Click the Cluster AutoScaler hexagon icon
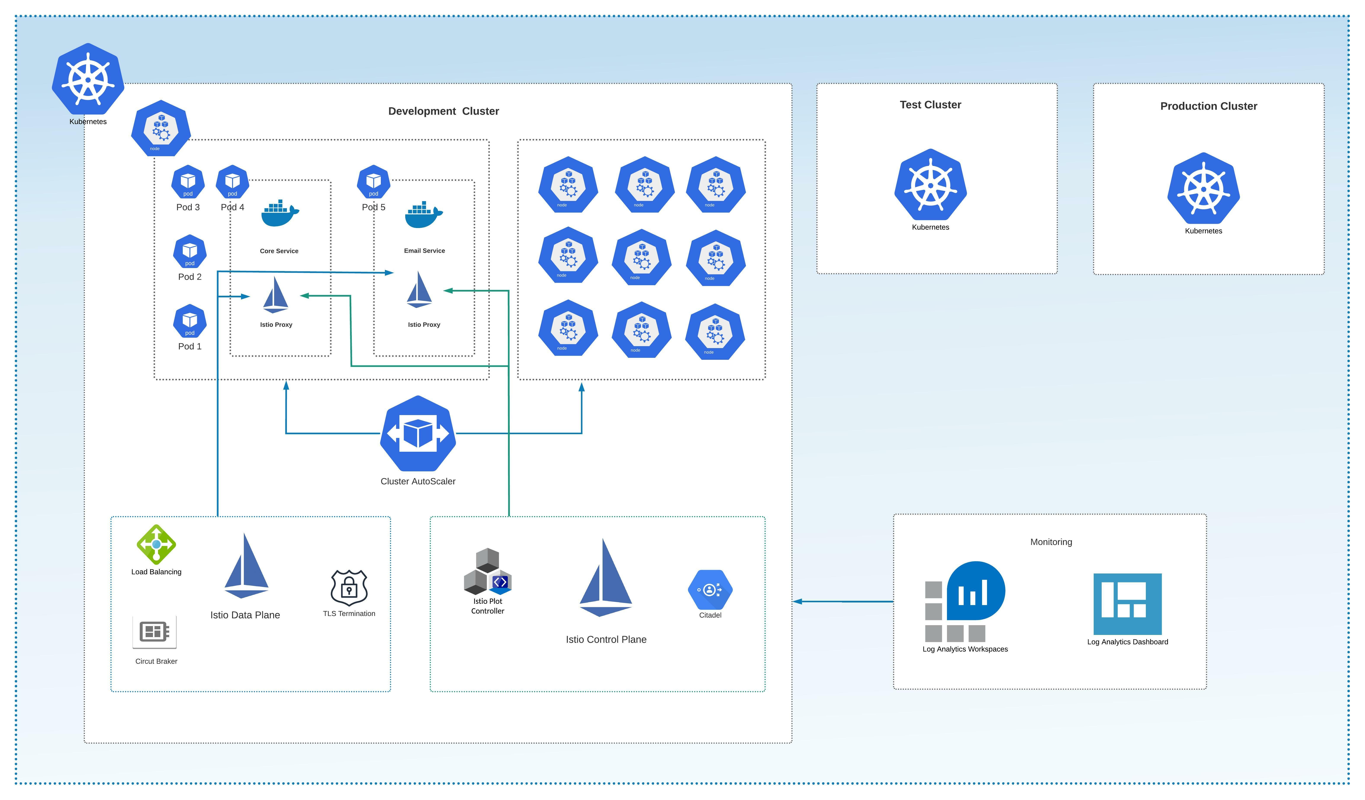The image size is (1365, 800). pos(418,433)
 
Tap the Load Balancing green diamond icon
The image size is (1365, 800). pos(156,544)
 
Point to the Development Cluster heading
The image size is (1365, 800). pos(443,111)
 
